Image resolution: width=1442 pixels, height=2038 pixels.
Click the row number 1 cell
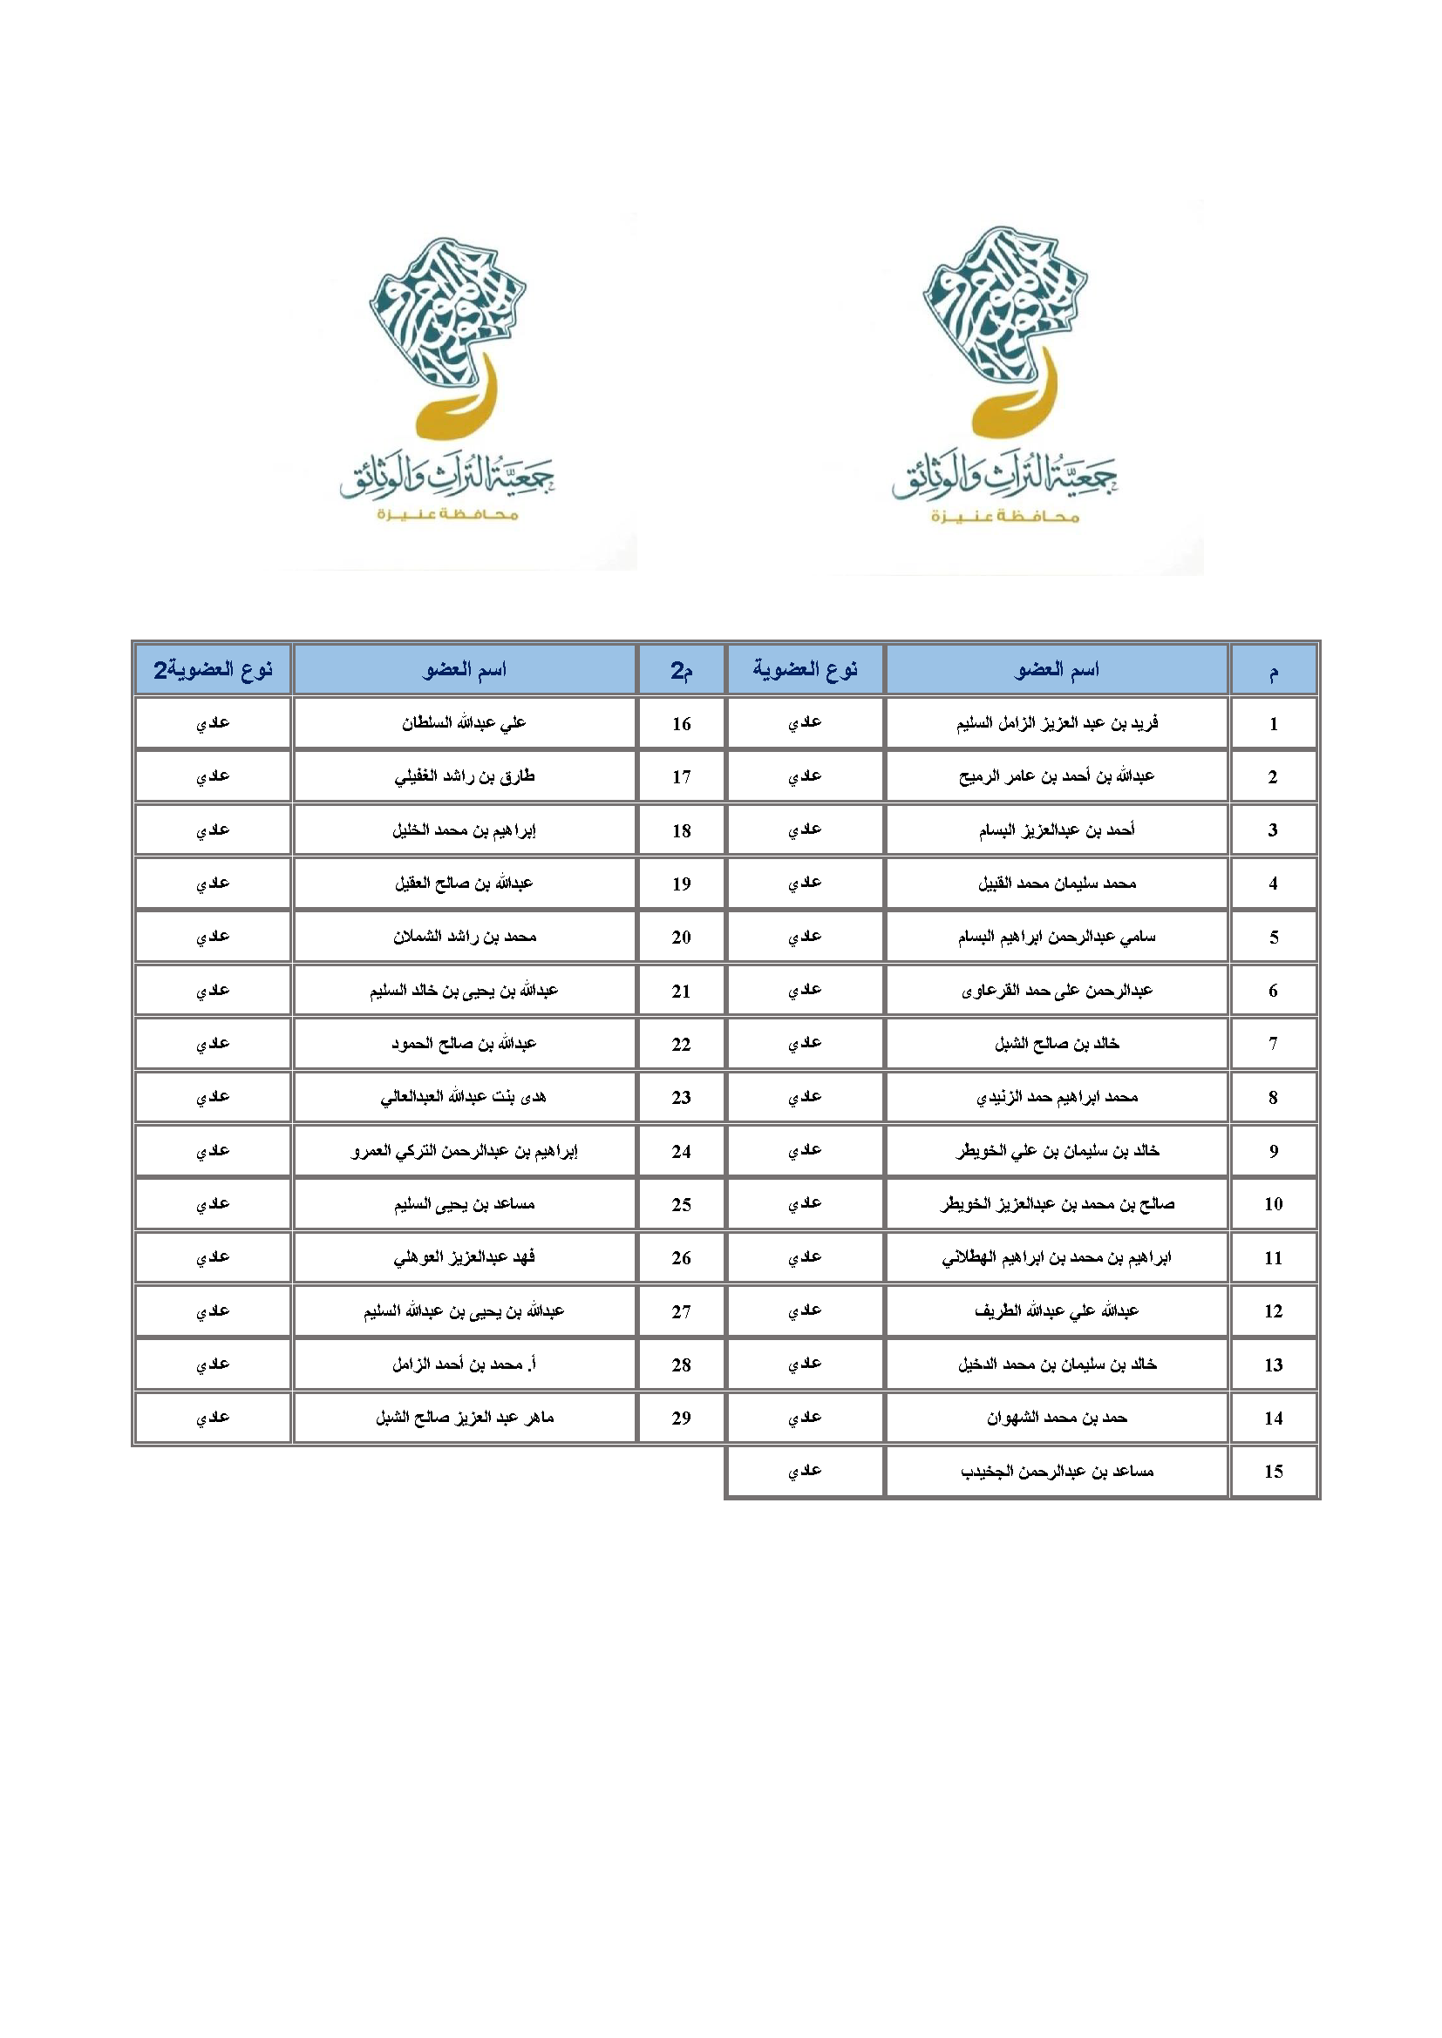1272,723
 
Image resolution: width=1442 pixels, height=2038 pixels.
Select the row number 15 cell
1272,1471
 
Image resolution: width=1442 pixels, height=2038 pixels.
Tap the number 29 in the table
681,1418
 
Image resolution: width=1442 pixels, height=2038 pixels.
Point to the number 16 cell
681,723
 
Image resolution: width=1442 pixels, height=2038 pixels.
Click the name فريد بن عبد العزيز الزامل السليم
1057,723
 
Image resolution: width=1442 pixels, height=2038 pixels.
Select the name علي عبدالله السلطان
465,723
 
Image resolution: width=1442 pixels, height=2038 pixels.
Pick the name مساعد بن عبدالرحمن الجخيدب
1057,1471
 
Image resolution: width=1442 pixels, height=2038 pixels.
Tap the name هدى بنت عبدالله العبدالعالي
465,1097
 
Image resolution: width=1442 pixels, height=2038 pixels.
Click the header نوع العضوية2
213,669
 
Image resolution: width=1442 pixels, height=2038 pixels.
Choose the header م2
681,669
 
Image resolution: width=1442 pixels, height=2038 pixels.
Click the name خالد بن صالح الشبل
1057,1043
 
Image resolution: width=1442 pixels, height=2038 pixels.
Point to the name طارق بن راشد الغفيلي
465,776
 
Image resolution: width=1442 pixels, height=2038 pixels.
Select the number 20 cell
681,937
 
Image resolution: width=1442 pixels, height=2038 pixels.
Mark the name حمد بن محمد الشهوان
1057,1418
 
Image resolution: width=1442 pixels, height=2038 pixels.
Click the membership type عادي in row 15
805,1471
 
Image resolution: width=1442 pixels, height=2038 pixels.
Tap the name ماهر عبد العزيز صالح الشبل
465,1418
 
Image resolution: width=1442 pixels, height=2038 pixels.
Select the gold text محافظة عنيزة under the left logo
446,515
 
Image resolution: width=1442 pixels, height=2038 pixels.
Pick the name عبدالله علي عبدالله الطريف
1057,1311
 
